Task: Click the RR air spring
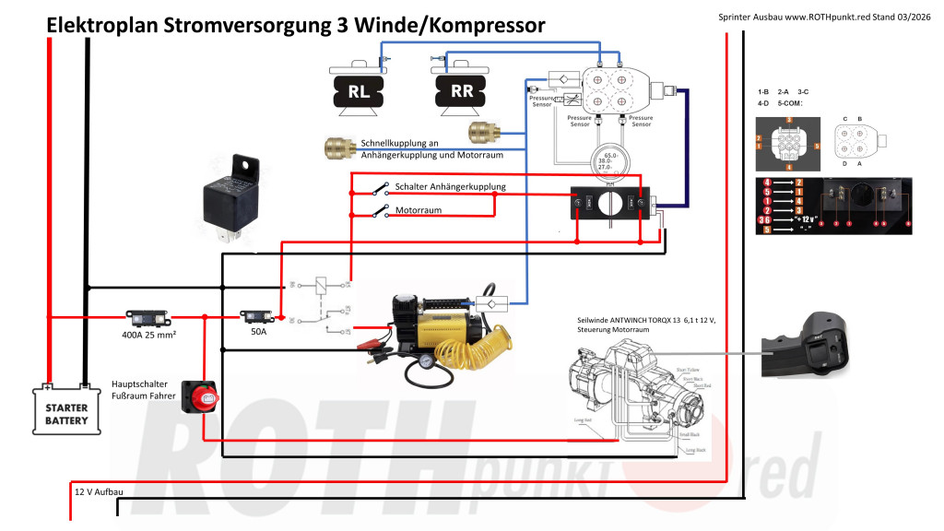coord(461,91)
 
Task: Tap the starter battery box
coord(66,407)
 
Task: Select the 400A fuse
coord(148,318)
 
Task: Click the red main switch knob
coord(200,397)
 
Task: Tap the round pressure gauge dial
coord(608,159)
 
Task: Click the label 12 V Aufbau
coord(99,492)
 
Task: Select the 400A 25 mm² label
coord(148,336)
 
